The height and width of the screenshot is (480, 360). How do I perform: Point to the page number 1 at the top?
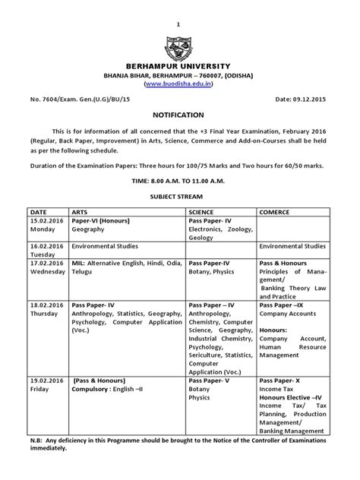(x=180, y=6)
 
